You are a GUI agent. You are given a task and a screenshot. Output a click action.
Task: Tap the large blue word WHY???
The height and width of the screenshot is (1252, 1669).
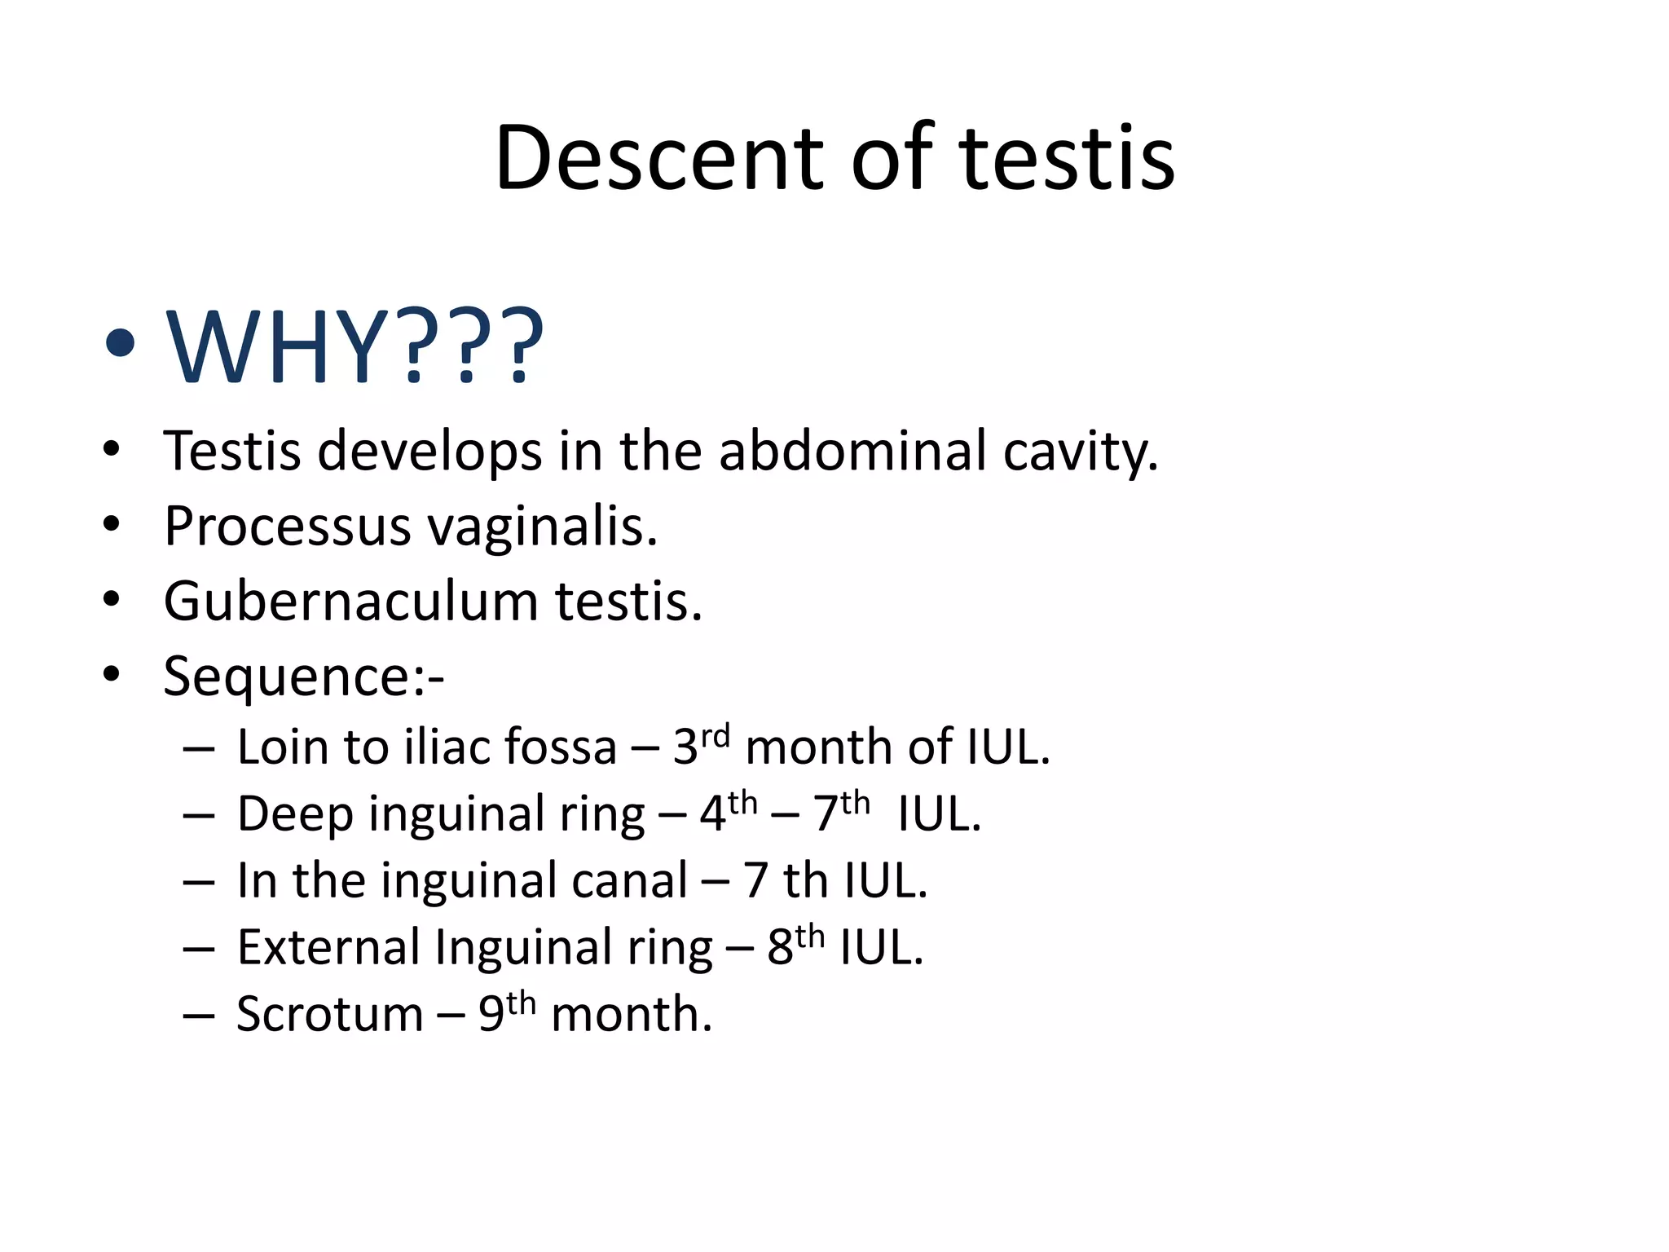[354, 346]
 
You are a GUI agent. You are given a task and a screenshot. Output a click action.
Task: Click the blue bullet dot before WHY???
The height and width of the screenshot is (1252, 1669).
[120, 343]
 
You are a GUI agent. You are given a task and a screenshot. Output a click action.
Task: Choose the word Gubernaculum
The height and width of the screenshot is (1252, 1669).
[350, 602]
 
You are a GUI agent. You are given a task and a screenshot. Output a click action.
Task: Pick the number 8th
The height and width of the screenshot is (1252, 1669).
[795, 945]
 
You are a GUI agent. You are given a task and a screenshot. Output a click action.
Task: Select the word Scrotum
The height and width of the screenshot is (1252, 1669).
[329, 1015]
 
